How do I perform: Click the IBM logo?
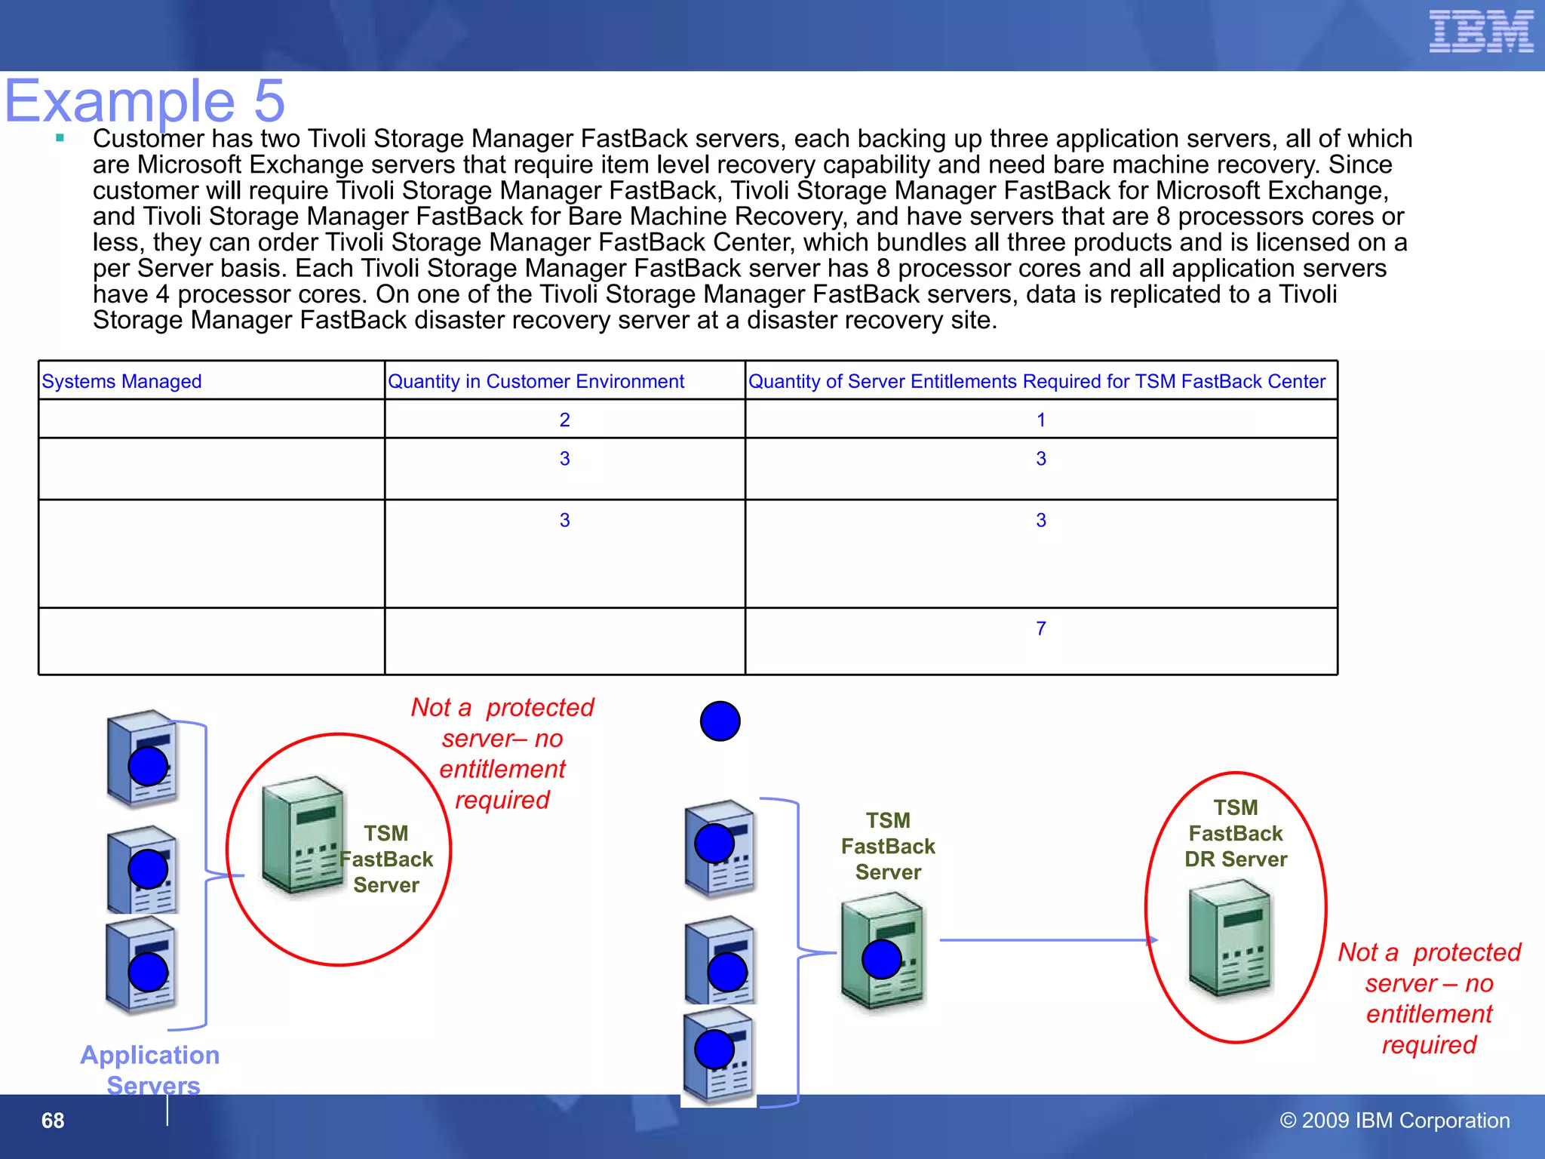pyautogui.click(x=1481, y=32)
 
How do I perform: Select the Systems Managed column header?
pyautogui.click(x=121, y=381)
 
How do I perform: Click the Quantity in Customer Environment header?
pyautogui.click(x=536, y=381)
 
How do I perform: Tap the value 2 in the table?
pyautogui.click(x=564, y=420)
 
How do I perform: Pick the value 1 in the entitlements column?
pyautogui.click(x=1040, y=420)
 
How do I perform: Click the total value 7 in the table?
pyautogui.click(x=1040, y=628)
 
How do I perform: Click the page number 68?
pyautogui.click(x=53, y=1121)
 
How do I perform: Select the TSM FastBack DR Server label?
pyautogui.click(x=1235, y=833)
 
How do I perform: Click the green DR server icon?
pyautogui.click(x=1230, y=939)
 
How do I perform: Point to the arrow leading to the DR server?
pyautogui.click(x=1049, y=940)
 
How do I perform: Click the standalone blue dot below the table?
pyautogui.click(x=720, y=721)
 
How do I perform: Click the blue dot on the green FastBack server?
pyautogui.click(x=881, y=959)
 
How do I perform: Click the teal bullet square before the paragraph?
pyautogui.click(x=60, y=138)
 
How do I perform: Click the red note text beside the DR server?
pyautogui.click(x=1429, y=998)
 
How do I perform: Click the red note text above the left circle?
pyautogui.click(x=502, y=753)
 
